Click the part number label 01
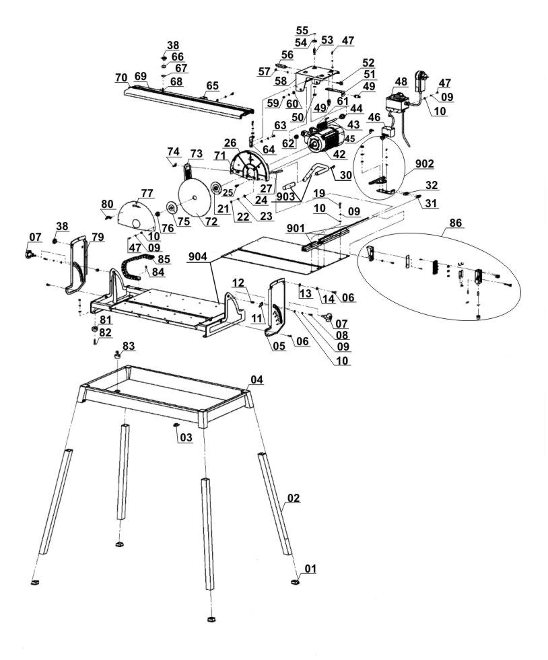pos(310,569)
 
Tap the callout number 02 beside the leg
pos(293,498)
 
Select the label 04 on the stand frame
pos(256,380)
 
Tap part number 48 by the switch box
pos(401,81)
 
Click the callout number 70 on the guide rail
pos(121,77)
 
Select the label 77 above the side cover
pos(147,194)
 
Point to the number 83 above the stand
pos(128,345)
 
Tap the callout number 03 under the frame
pos(185,437)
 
